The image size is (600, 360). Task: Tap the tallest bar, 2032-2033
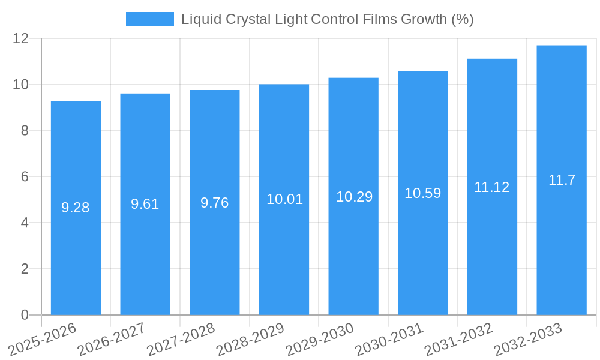562,240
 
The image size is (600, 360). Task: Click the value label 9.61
145,204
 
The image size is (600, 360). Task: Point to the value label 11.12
492,187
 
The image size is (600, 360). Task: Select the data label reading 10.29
354,197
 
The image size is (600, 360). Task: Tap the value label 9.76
215,203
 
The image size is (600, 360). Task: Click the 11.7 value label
562,180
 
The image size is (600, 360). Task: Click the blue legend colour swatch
149,19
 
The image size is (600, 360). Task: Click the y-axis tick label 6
25,177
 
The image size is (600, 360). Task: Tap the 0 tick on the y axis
25,315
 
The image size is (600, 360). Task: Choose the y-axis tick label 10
21,85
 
